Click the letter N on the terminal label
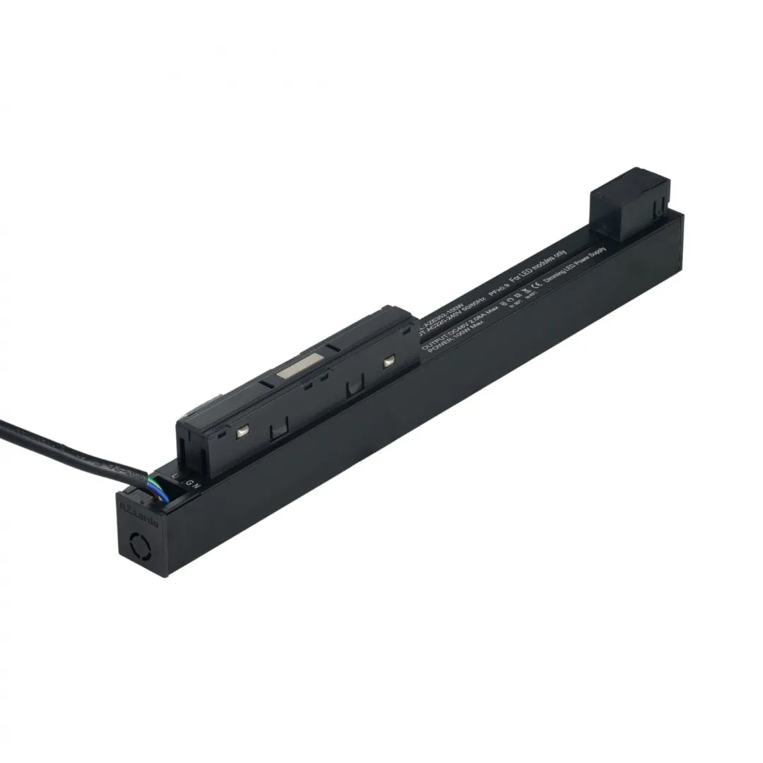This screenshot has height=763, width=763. [x=196, y=486]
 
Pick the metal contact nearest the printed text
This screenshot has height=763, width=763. [x=388, y=361]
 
